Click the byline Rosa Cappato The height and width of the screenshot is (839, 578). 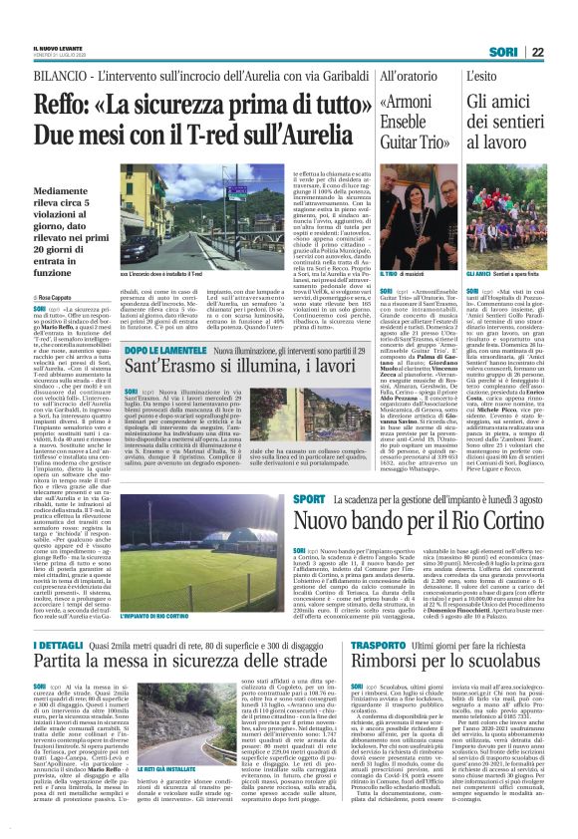click(58, 298)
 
